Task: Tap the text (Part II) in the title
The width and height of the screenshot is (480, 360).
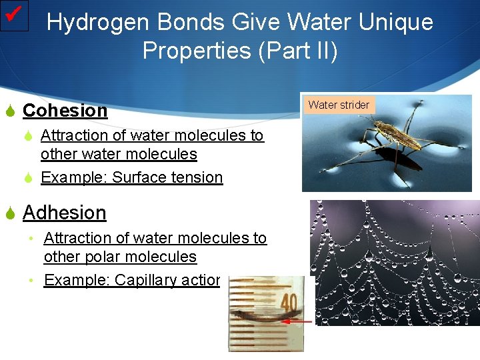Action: pyautogui.click(x=298, y=50)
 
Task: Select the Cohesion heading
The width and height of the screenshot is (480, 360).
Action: pyautogui.click(x=65, y=111)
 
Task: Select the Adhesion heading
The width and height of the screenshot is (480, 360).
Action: pyautogui.click(x=64, y=213)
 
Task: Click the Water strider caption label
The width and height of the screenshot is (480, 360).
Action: pyautogui.click(x=339, y=105)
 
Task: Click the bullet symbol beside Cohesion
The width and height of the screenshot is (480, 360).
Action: pyautogui.click(x=10, y=111)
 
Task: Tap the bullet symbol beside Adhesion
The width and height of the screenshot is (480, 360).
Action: pyautogui.click(x=10, y=213)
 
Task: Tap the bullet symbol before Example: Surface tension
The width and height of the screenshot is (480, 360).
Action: pyautogui.click(x=29, y=178)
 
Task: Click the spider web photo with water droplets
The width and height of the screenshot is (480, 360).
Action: pyautogui.click(x=400, y=267)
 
